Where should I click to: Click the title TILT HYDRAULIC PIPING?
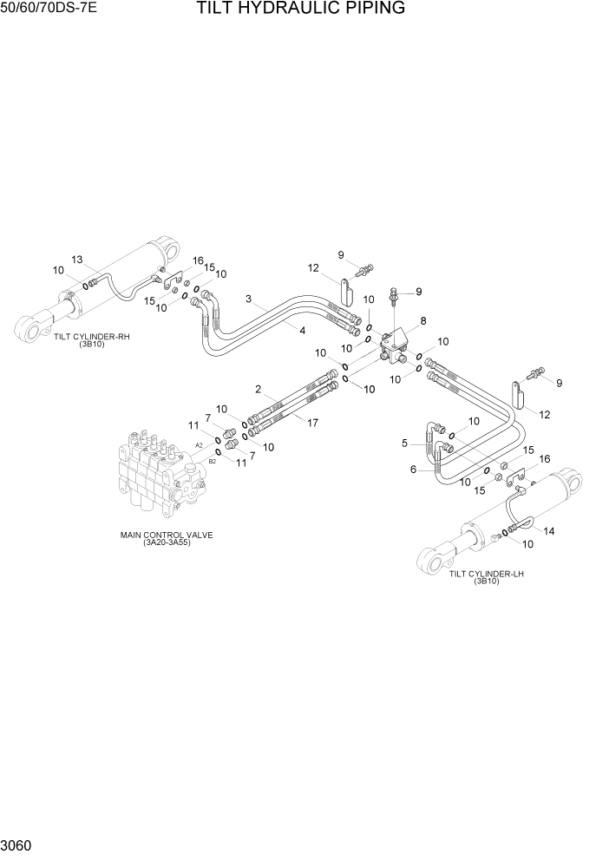click(301, 10)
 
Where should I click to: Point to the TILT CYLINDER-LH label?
click(487, 574)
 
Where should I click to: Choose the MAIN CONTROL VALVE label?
click(167, 535)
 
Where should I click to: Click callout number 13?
click(76, 260)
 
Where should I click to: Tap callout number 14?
click(548, 529)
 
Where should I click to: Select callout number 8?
click(423, 321)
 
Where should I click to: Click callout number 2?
click(259, 388)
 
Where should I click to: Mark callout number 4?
click(302, 331)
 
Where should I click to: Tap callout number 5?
click(404, 443)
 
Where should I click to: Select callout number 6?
click(414, 470)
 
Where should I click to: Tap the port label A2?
click(199, 445)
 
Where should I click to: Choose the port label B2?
click(212, 462)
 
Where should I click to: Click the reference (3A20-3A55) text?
click(167, 543)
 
